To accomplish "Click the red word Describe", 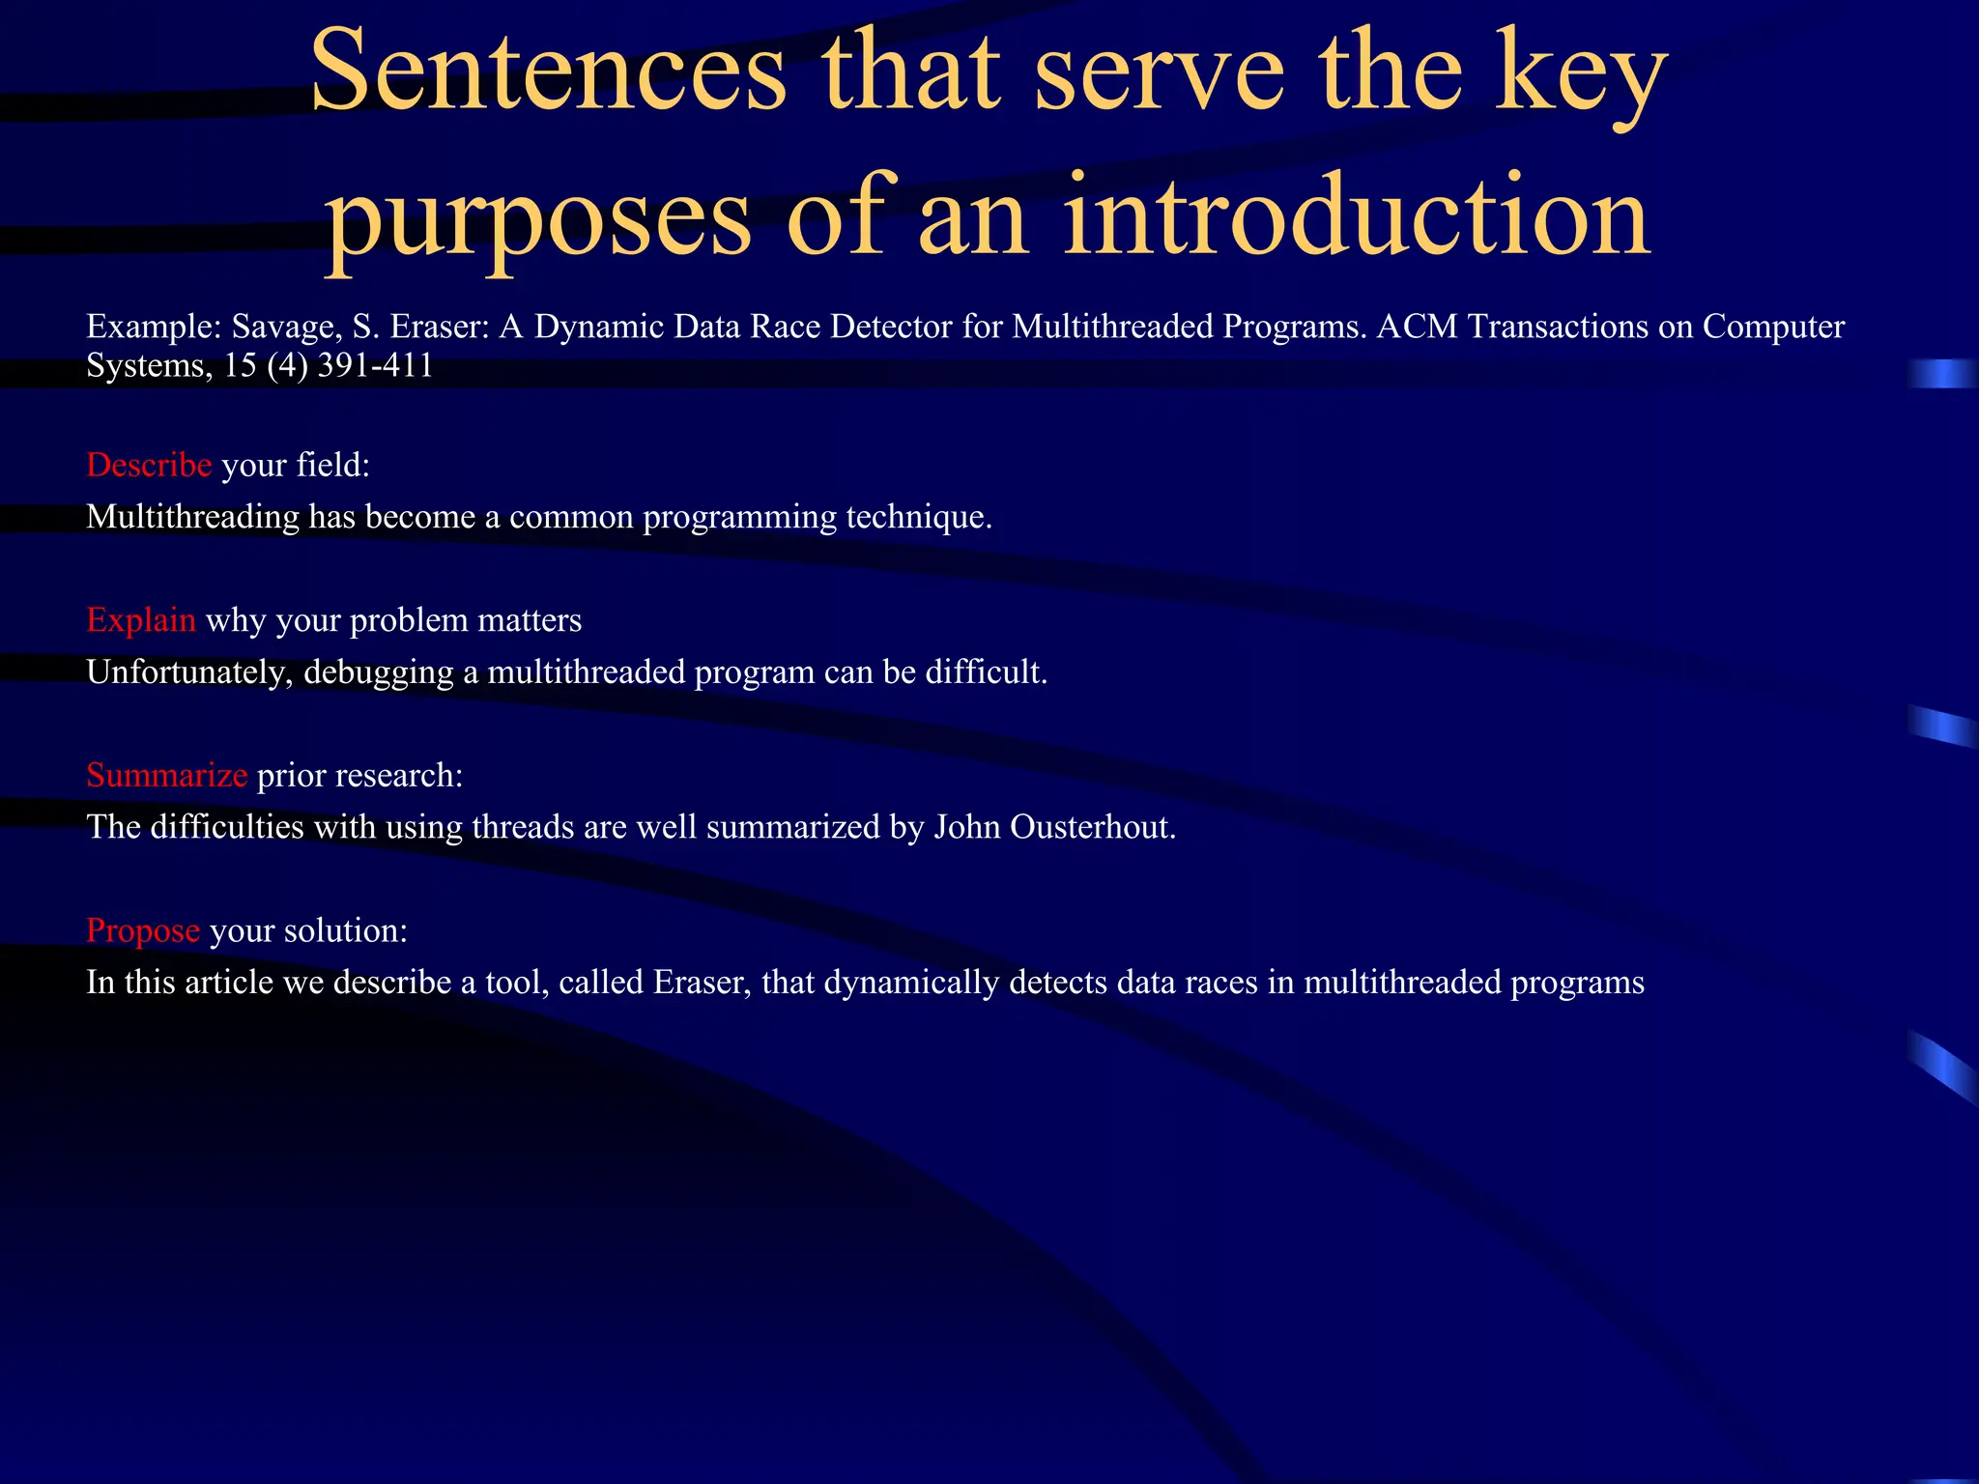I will point(149,465).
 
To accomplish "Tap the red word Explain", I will point(141,619).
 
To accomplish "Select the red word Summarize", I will point(167,775).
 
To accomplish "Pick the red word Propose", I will point(143,929).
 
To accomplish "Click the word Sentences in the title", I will point(548,72).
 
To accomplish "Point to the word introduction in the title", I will point(1357,216).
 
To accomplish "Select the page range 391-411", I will point(375,365).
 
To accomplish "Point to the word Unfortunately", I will point(189,671).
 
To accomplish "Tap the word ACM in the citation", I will point(1418,327).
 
